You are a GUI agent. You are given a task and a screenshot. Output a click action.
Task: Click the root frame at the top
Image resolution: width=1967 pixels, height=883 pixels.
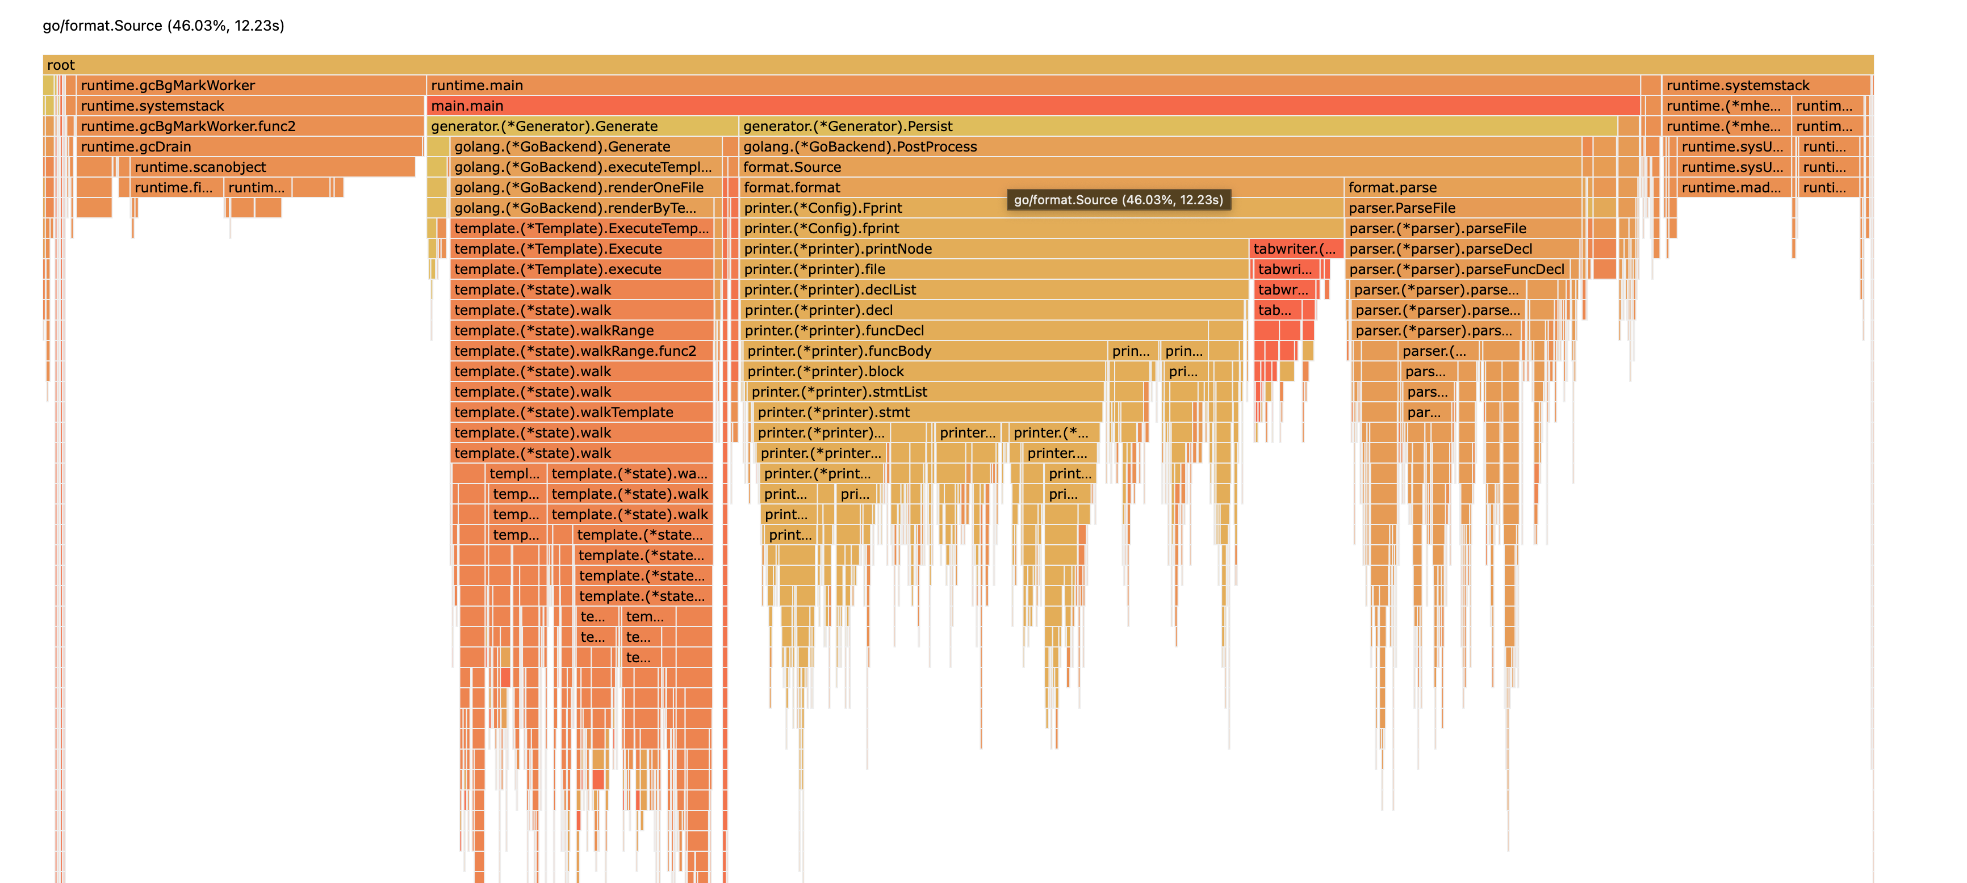pyautogui.click(x=957, y=65)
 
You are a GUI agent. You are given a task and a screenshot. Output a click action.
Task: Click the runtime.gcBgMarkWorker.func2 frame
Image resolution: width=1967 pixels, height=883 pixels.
pyautogui.click(x=250, y=126)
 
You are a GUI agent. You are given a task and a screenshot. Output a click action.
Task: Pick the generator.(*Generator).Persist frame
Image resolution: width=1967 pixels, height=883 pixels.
pyautogui.click(x=1176, y=126)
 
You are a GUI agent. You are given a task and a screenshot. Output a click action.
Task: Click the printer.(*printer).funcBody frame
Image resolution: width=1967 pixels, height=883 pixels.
pyautogui.click(x=924, y=351)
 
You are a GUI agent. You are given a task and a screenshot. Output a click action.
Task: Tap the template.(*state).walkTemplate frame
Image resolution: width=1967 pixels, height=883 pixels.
pyautogui.click(x=582, y=412)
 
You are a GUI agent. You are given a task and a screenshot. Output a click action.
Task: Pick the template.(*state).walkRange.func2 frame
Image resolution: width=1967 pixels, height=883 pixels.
pyautogui.click(x=582, y=351)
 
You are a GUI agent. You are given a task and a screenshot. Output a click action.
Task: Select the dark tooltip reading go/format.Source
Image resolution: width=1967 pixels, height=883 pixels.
pyautogui.click(x=1118, y=200)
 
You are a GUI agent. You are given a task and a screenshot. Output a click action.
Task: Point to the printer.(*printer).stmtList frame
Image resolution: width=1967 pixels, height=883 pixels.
pyautogui.click(x=924, y=392)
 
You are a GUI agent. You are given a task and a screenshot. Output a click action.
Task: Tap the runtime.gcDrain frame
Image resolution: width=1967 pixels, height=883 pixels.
pyautogui.click(x=249, y=146)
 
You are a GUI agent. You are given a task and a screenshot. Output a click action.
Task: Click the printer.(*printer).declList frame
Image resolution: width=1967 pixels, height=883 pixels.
pyautogui.click(x=993, y=290)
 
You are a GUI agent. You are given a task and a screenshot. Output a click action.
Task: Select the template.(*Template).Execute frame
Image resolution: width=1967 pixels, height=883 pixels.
pyautogui.click(x=582, y=249)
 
